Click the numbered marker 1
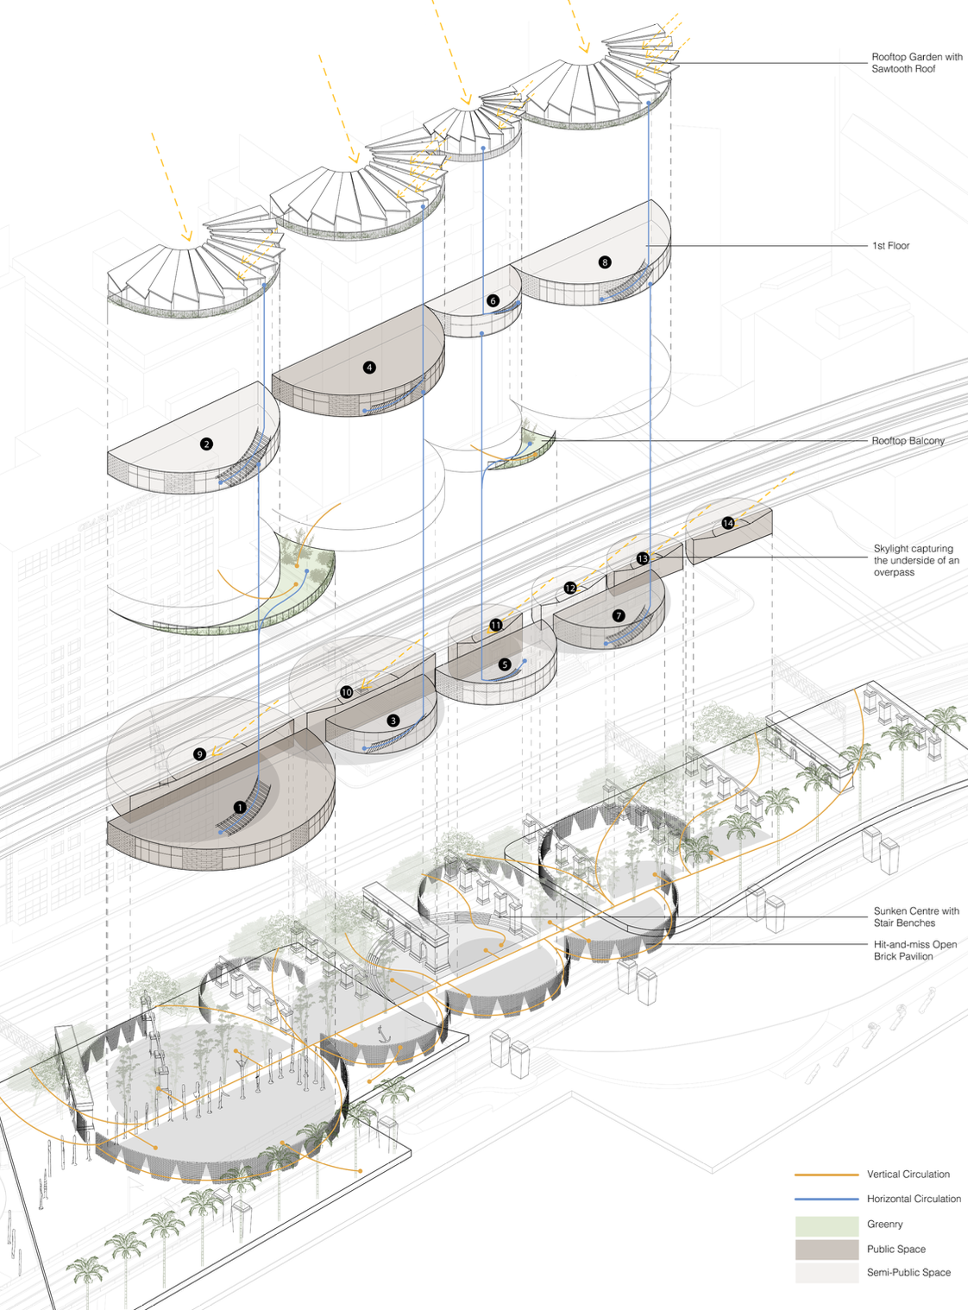(x=240, y=808)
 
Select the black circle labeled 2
(x=206, y=444)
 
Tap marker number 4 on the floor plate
(x=369, y=368)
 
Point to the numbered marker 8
(x=605, y=262)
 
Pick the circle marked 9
(x=199, y=754)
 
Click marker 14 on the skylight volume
(x=728, y=523)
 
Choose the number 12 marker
(x=570, y=588)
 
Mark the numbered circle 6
(x=493, y=300)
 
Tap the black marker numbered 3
(x=393, y=721)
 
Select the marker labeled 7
(x=619, y=615)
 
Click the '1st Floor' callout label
(x=890, y=246)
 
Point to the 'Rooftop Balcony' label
(x=908, y=440)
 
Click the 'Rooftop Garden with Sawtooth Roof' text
(x=916, y=63)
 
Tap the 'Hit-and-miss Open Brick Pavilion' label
(x=915, y=950)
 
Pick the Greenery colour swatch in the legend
(x=827, y=1225)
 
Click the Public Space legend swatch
(x=827, y=1249)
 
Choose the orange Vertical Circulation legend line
(x=827, y=1175)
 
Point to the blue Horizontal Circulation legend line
(x=827, y=1199)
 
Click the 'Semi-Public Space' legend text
(x=908, y=1272)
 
